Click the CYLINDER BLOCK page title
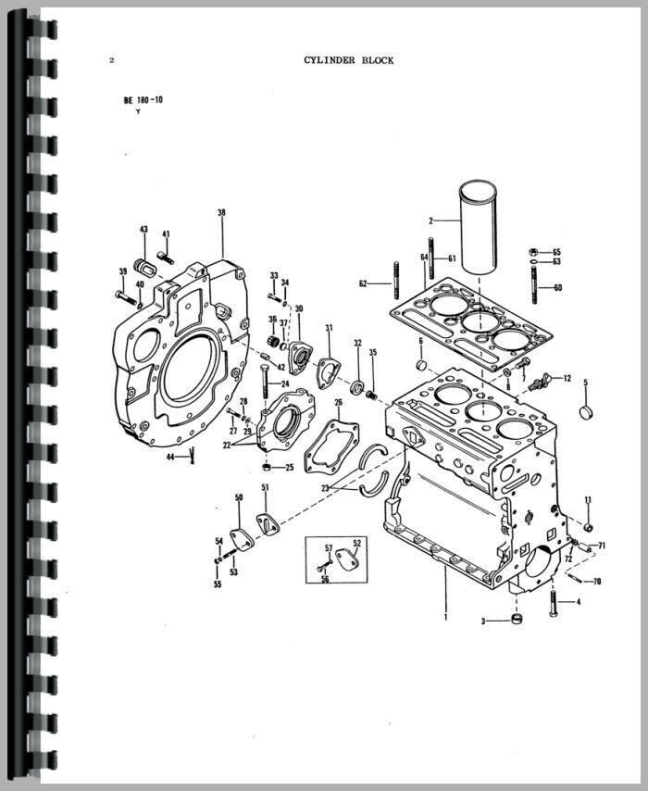348,60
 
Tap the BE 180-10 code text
143,99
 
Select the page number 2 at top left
111,61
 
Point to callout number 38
221,213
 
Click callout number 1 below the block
445,615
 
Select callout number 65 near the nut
556,252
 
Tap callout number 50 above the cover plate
238,498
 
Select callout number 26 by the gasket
338,403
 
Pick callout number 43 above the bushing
143,229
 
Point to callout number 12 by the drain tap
567,378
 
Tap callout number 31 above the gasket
328,328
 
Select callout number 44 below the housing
170,457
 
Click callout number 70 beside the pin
596,582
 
